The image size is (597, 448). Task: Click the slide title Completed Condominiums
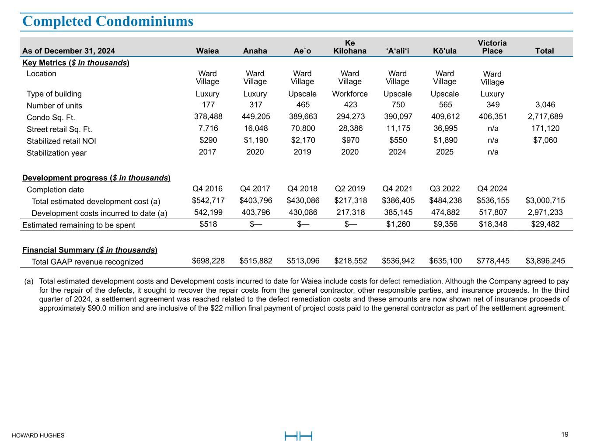point(108,21)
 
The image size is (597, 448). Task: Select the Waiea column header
point(207,51)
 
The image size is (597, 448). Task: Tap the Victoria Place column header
point(492,47)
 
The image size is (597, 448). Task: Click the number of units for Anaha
point(255,105)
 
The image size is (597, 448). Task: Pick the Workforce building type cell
point(350,94)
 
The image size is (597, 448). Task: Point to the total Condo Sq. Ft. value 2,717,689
point(545,117)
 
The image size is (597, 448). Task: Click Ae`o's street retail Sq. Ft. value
point(302,129)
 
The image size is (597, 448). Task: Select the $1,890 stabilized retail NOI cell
point(445,140)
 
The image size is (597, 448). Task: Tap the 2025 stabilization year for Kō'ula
point(445,152)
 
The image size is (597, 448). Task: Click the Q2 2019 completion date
point(350,189)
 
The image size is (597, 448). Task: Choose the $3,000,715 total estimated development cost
point(545,201)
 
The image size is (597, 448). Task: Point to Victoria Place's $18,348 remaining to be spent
point(493,224)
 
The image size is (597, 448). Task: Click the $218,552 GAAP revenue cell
point(350,261)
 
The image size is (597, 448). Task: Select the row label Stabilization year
point(56,153)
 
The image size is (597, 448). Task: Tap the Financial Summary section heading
point(90,250)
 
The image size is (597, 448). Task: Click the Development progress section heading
point(96,178)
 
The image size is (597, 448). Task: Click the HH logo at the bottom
point(298,436)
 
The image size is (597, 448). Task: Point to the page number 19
point(565,434)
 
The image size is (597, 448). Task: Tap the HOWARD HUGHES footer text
point(38,435)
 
